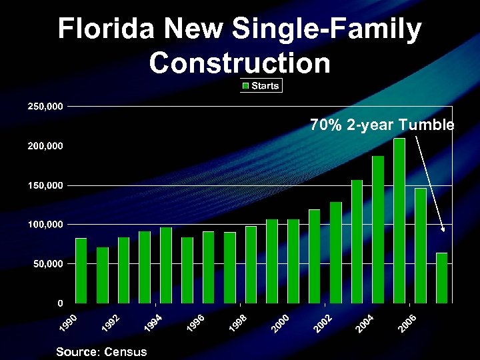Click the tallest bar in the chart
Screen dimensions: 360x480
pyautogui.click(x=399, y=221)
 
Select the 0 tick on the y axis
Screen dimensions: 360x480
pyautogui.click(x=60, y=303)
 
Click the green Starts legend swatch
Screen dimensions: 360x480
pyautogui.click(x=245, y=86)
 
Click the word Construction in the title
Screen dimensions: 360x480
pyautogui.click(x=240, y=63)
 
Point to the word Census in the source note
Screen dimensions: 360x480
pyautogui.click(x=123, y=351)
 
